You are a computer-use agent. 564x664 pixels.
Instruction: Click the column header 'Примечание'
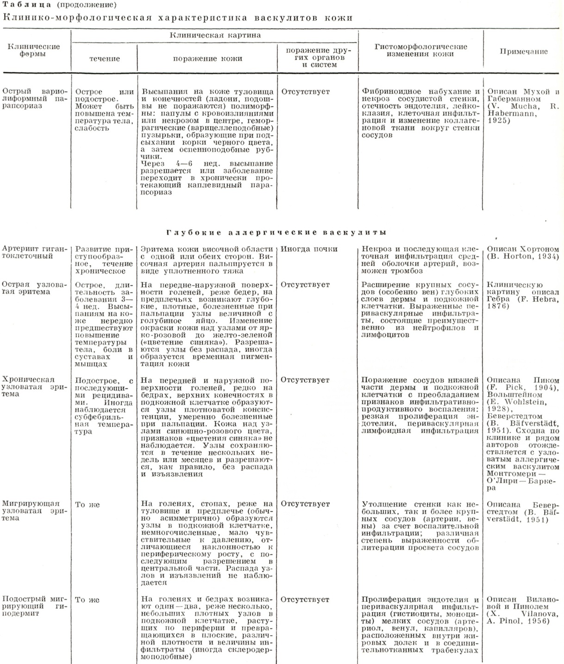click(x=523, y=52)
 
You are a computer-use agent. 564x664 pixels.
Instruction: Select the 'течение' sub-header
click(x=104, y=59)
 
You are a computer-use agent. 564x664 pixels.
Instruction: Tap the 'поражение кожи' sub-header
click(x=207, y=59)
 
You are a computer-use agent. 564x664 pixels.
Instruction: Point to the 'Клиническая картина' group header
click(x=215, y=35)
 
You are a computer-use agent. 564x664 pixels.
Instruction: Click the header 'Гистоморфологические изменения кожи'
click(x=420, y=50)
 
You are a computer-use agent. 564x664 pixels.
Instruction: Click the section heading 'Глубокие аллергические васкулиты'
click(x=276, y=232)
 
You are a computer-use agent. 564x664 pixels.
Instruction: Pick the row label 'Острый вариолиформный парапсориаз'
click(x=35, y=99)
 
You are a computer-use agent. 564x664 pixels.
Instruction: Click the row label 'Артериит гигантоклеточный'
click(x=34, y=252)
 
